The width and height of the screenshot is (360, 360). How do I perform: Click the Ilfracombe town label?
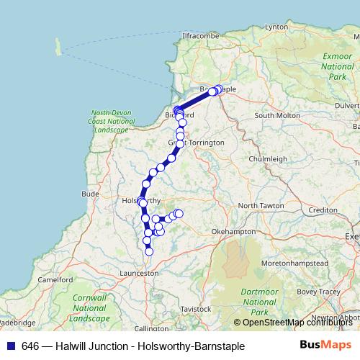(x=195, y=35)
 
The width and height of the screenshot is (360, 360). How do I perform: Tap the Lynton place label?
(x=276, y=27)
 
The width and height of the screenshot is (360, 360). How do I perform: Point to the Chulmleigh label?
(x=267, y=158)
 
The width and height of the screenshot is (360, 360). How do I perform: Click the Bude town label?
(x=91, y=194)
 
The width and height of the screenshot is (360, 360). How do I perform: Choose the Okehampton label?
(x=233, y=232)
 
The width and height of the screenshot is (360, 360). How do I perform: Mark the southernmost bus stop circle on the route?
(x=149, y=251)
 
